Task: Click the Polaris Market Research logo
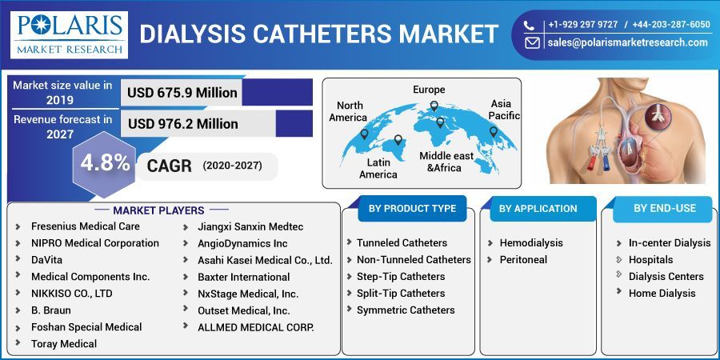click(x=69, y=34)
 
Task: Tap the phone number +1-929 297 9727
click(x=582, y=25)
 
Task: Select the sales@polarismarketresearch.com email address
click(x=627, y=43)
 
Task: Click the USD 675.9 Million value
click(x=182, y=93)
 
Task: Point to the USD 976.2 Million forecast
click(x=182, y=124)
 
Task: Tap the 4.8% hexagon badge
click(x=105, y=162)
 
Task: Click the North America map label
click(x=350, y=111)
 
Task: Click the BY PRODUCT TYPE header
click(x=412, y=209)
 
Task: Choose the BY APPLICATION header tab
click(x=538, y=209)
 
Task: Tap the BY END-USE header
click(x=665, y=209)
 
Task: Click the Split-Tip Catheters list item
click(x=400, y=293)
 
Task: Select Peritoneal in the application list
click(x=523, y=260)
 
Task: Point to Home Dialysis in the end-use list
click(x=662, y=293)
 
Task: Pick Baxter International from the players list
click(x=243, y=277)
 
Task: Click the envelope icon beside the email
click(x=532, y=43)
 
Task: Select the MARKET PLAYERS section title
click(x=158, y=210)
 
